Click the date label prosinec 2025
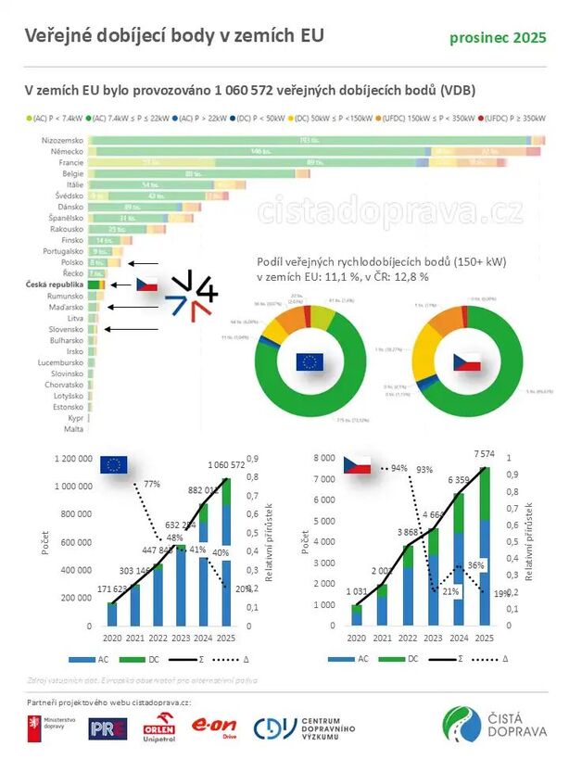point(498,37)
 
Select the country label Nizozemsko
point(63,139)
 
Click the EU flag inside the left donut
point(310,361)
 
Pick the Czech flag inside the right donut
point(467,361)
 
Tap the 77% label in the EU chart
point(152,484)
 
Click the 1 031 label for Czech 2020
point(357,593)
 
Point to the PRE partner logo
point(107,729)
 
